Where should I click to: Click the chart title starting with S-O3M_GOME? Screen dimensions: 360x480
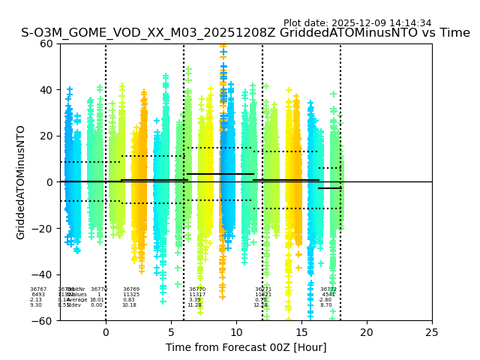click(x=245, y=33)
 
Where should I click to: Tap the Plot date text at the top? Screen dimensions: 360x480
click(x=357, y=23)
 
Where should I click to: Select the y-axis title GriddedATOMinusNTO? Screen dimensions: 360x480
click(x=21, y=182)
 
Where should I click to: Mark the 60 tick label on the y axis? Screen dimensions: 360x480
click(x=46, y=43)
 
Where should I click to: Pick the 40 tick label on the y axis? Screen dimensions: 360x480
click(x=46, y=90)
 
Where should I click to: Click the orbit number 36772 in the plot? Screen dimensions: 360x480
click(x=328, y=289)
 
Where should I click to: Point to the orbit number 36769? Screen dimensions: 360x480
click(x=131, y=289)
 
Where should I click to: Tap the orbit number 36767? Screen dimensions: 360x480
click(x=38, y=289)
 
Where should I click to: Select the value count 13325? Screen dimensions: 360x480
click(x=131, y=295)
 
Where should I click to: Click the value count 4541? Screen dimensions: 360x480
click(x=328, y=295)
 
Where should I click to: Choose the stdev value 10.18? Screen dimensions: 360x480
click(x=129, y=305)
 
